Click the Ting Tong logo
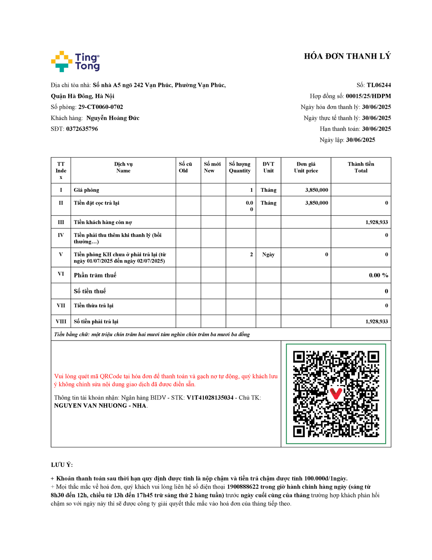point(75,62)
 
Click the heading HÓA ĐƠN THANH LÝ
point(347,56)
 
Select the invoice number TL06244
point(379,85)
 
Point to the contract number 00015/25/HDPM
point(368,96)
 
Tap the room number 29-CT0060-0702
point(101,107)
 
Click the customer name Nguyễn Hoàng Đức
point(113,118)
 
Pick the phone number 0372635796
point(82,129)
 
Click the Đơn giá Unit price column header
point(306,167)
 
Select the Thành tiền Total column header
point(361,167)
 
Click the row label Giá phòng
point(86,190)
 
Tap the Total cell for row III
point(376,222)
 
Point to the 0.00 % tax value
point(379,275)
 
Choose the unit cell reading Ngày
point(268,254)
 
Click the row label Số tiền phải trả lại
point(96,321)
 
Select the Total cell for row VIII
point(376,321)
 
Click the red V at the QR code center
point(336,393)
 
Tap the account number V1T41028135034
point(210,398)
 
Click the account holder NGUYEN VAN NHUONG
point(91,406)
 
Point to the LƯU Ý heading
point(62,465)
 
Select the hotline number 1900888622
point(243,487)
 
